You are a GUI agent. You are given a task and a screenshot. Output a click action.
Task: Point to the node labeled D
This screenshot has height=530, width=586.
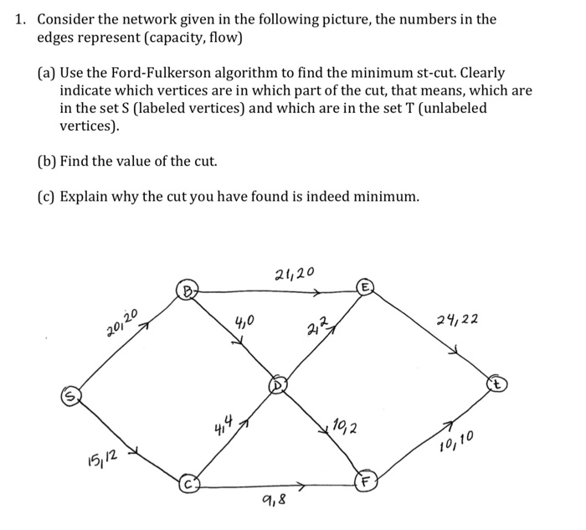(x=276, y=386)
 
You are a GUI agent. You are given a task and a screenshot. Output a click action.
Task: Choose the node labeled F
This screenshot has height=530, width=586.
(x=364, y=483)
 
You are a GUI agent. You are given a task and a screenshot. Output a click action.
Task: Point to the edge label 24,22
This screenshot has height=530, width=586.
(x=457, y=320)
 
